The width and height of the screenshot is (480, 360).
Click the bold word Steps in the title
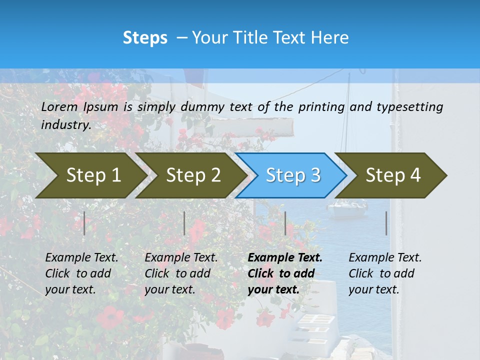[x=145, y=38]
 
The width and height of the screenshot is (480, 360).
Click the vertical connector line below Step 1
[x=84, y=223]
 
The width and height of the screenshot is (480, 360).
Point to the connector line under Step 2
[x=184, y=223]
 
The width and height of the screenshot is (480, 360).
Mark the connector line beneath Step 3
[x=285, y=223]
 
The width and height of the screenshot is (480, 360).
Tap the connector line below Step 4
[x=386, y=223]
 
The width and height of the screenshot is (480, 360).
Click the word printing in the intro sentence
[x=321, y=107]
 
